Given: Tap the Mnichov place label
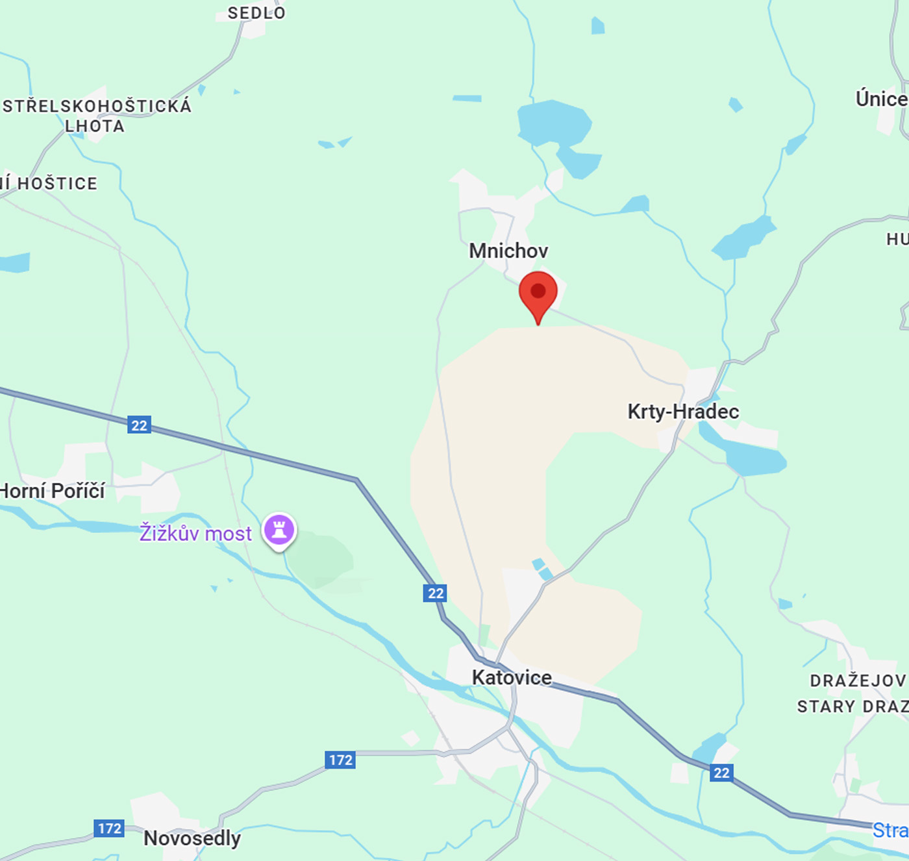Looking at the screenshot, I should pos(508,251).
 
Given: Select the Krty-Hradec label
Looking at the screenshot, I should pos(683,411).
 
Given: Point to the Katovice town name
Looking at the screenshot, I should pos(512,677).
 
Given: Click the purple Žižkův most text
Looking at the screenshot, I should pos(195,533).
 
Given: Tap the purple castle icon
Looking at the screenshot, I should pos(279,530).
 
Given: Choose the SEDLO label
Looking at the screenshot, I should pos(256,13).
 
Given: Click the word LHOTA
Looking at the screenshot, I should pos(95,126).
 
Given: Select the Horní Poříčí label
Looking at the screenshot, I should pos(52,491).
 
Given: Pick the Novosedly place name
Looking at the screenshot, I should pos(192,838).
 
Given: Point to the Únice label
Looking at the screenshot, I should pos(881,99).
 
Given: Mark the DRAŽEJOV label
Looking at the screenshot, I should pos(857,680).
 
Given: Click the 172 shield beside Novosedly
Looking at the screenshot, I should pos(109,828).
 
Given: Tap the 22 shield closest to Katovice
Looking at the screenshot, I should pos(435,593).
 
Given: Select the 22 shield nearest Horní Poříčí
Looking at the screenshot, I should pos(139,425).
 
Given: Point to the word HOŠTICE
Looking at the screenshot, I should pos(57,184).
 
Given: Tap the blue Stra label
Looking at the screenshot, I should pos(890,830).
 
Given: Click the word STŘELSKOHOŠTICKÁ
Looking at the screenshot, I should pos(97,106).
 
